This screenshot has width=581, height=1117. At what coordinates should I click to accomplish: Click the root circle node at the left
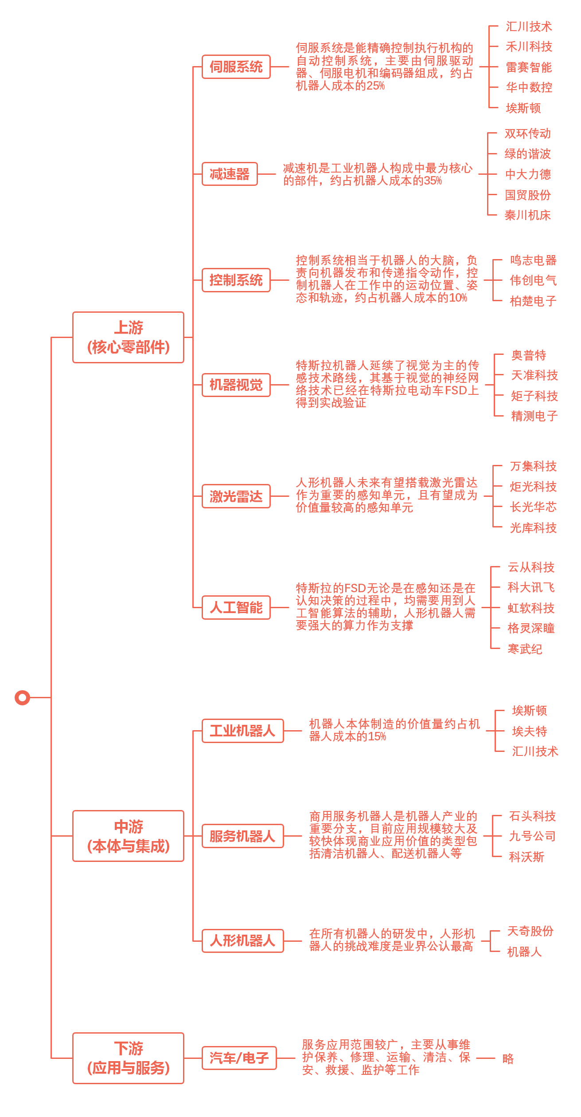(22, 697)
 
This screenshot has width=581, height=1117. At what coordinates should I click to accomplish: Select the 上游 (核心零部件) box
(128, 337)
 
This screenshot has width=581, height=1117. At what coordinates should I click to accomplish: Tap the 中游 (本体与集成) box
(128, 836)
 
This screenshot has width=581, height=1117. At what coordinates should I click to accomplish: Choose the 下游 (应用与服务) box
(128, 1058)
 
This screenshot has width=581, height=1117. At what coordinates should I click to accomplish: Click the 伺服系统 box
(236, 67)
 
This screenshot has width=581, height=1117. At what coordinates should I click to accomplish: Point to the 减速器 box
(230, 174)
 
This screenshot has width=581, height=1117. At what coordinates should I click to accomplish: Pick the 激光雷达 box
(236, 496)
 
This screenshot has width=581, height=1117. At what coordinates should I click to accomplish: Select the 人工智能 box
(236, 607)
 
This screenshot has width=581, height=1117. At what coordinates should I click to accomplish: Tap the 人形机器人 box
(242, 940)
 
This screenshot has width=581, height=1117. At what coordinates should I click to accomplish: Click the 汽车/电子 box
(239, 1058)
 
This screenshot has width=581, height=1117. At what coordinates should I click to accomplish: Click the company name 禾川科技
(529, 47)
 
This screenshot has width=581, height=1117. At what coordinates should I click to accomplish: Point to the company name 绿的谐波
(527, 154)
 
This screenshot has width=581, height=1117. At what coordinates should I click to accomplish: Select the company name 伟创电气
(533, 280)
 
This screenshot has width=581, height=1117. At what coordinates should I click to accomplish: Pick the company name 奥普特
(529, 355)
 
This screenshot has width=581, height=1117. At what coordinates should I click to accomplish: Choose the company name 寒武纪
(525, 649)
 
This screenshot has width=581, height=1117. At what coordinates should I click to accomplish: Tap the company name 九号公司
(532, 836)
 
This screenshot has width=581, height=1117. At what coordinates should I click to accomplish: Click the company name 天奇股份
(530, 931)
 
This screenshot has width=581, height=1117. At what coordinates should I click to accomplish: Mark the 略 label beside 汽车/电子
(508, 1058)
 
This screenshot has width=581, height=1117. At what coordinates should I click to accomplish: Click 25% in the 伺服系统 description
(376, 86)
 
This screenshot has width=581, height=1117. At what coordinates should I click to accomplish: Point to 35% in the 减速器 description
(433, 181)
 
